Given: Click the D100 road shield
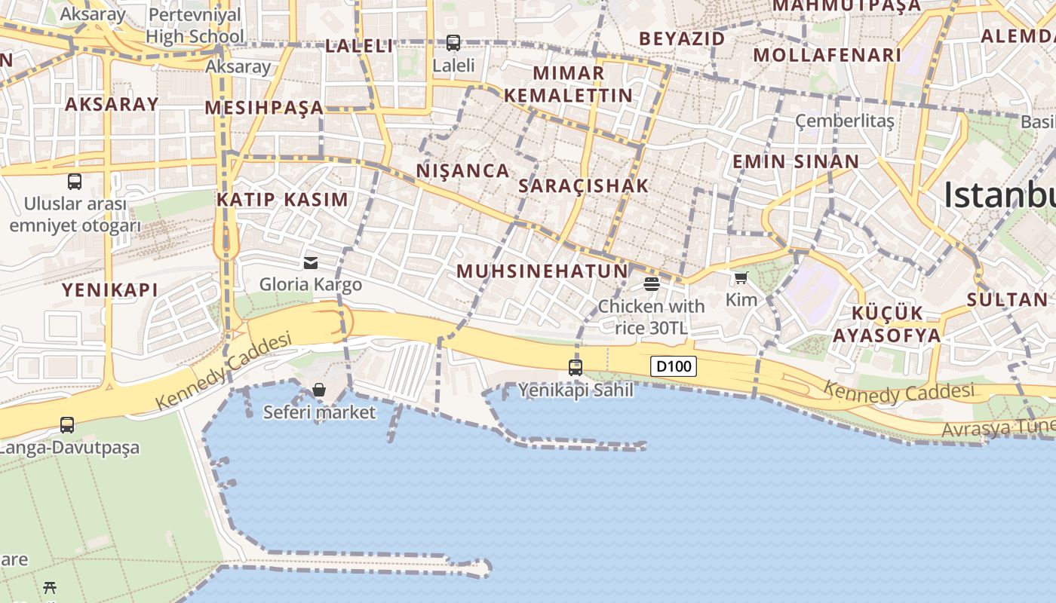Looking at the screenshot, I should [x=673, y=367].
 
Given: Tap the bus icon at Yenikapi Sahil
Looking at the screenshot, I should [x=576, y=368].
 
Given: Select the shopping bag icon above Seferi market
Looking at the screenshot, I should [x=319, y=390].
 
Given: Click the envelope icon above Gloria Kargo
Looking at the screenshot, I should [x=310, y=262].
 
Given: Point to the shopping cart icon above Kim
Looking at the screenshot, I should [x=741, y=278].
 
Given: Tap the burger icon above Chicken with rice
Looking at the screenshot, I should [x=652, y=284].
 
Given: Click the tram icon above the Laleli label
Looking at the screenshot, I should [x=453, y=43].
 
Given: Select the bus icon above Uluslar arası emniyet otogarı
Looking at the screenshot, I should [x=75, y=181].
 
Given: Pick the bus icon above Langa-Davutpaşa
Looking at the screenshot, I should [x=67, y=424].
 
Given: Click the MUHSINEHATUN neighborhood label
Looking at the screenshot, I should [x=542, y=271].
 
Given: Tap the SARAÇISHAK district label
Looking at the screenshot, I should [x=584, y=185].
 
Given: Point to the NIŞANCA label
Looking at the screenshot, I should [x=463, y=171].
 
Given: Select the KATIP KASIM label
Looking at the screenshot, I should [x=282, y=200].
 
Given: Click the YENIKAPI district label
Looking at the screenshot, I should [x=110, y=290].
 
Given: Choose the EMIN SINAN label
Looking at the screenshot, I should [x=796, y=161].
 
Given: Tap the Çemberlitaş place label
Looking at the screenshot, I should [x=845, y=121].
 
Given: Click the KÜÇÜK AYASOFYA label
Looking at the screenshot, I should [x=887, y=324].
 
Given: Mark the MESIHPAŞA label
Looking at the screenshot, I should [x=264, y=108].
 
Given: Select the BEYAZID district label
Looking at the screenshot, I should [x=682, y=38].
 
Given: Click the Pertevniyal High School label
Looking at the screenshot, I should [x=195, y=25].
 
